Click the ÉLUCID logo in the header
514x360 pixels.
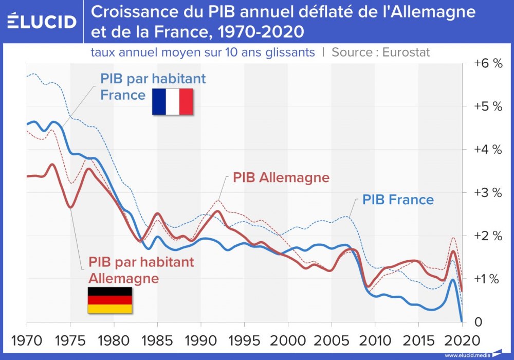pos(42,22)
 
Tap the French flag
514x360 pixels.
pos(172,101)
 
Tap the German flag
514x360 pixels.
pos(109,300)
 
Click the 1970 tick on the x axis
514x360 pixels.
pos(27,340)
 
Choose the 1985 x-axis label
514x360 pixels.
pos(157,340)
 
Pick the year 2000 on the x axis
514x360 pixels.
pos(288,340)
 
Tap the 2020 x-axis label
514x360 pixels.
pos(462,340)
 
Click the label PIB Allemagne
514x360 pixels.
pos(281,178)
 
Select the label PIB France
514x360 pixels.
pos(398,200)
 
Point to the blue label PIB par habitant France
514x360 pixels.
pos(153,87)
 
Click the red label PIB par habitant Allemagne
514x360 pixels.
pos(141,270)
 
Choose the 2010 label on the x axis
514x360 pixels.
pos(375,340)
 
